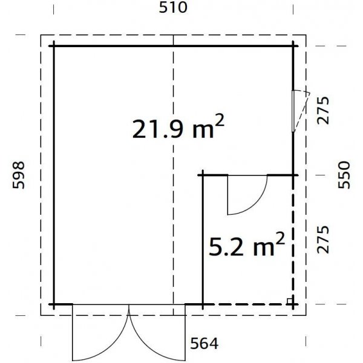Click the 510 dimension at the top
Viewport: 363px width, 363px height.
174,8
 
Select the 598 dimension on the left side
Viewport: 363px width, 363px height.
19,175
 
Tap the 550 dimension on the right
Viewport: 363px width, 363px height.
345,175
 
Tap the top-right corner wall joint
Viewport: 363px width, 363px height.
295,45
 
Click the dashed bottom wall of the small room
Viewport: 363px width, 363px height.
248,304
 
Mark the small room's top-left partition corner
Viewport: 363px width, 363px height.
202,175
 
